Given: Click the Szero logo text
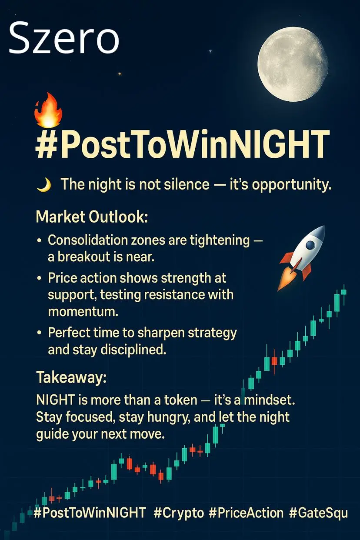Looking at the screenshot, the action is click(x=64, y=37).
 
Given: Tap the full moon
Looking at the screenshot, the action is click(x=293, y=64).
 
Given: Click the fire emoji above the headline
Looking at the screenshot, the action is click(x=48, y=110).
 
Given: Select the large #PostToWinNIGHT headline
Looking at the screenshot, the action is click(x=183, y=144).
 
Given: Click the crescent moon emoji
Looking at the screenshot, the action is click(x=44, y=185).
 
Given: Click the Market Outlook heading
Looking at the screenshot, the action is click(x=92, y=217).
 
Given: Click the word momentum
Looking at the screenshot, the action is click(x=83, y=311).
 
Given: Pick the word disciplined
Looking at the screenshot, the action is click(x=133, y=350).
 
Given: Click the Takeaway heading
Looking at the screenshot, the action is click(x=71, y=377).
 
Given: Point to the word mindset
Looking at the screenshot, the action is click(x=270, y=400).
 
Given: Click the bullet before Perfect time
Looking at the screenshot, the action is click(x=39, y=333).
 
